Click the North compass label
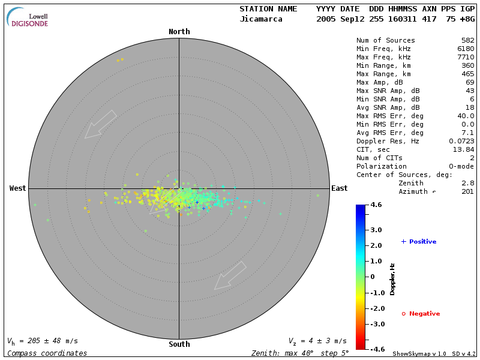[x=179, y=32]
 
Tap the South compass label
[x=179, y=344]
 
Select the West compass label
[x=18, y=188]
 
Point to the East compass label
[x=339, y=188]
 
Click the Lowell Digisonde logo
[x=28, y=17]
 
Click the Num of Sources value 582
[x=467, y=41]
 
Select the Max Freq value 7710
[x=466, y=58]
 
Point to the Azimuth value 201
[x=467, y=191]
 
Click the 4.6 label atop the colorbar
[x=376, y=205]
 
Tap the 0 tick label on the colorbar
[x=373, y=277]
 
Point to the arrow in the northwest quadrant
[x=100, y=124]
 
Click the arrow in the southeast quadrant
[x=230, y=275]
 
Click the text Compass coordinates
[x=47, y=353]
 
